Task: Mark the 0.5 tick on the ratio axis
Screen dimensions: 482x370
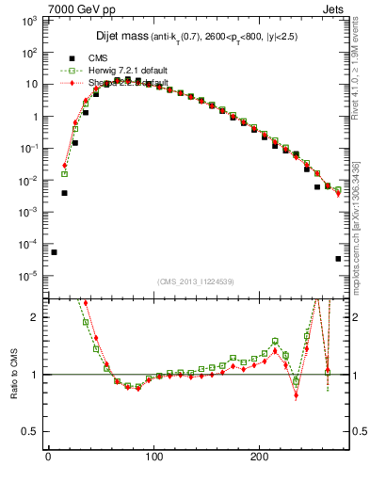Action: [x=30, y=432]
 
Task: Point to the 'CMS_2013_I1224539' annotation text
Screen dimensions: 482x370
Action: [x=196, y=281]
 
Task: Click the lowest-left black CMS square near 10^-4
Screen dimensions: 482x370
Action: [x=54, y=252]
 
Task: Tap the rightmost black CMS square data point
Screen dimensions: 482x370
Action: [x=338, y=259]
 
